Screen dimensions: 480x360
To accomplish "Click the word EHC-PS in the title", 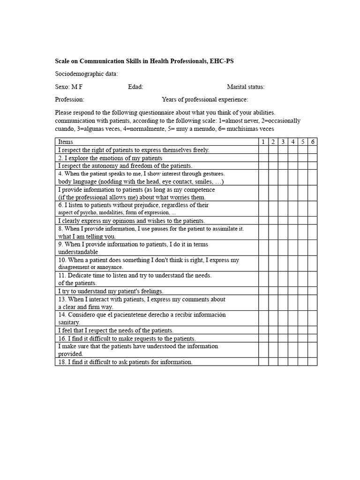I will (222, 61).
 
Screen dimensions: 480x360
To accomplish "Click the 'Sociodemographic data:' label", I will (86, 74).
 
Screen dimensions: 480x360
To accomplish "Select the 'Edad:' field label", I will (135, 87).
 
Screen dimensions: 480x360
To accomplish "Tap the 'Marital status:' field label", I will (246, 87).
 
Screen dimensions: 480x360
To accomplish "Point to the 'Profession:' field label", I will (69, 99).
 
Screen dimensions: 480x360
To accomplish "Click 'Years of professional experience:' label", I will (205, 99).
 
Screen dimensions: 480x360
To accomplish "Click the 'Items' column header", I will (66, 142).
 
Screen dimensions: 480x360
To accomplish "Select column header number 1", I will (263, 142).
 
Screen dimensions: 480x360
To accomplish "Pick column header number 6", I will (313, 142).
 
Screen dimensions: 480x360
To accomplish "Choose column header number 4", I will (292, 142).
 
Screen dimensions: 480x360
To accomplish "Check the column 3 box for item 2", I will (283, 158).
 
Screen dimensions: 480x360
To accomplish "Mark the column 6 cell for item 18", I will (313, 362).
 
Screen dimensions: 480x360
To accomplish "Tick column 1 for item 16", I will (263, 338).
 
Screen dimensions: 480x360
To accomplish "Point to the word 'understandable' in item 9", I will (78, 252).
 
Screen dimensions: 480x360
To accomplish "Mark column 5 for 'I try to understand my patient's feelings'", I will (303, 291).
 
